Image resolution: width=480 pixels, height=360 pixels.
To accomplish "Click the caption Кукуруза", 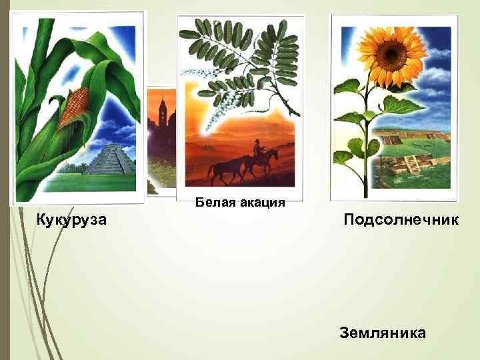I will (71, 220).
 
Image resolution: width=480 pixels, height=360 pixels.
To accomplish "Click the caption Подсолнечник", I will (401, 220).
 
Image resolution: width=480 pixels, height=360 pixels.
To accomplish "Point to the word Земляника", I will (383, 333).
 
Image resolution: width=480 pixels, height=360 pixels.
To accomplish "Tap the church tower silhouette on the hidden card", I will (161, 110).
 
